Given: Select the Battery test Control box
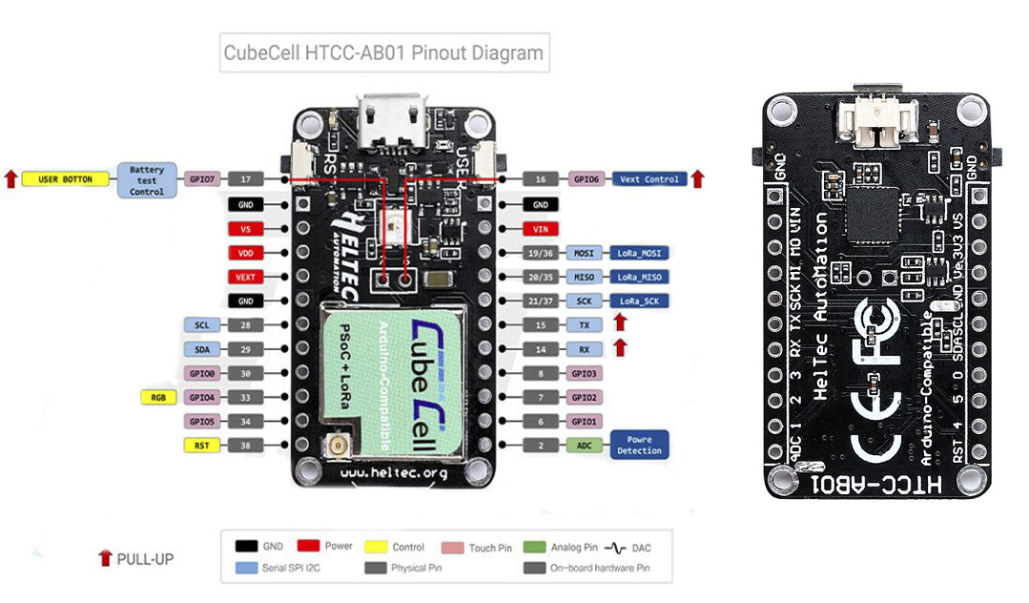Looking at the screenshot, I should pyautogui.click(x=147, y=179).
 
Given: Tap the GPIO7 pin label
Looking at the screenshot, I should pyautogui.click(x=203, y=179).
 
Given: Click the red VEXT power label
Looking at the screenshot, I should pyautogui.click(x=245, y=277).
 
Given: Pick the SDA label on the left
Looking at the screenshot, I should pyautogui.click(x=201, y=350).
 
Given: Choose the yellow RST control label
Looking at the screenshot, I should pyautogui.click(x=201, y=445).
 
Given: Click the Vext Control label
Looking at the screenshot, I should pyautogui.click(x=648, y=179).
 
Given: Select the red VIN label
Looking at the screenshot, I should pyautogui.click(x=540, y=229).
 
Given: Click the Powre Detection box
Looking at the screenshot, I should pyautogui.click(x=639, y=445).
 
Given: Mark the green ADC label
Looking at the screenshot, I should pyautogui.click(x=584, y=445).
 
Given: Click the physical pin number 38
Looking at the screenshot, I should pyautogui.click(x=245, y=445).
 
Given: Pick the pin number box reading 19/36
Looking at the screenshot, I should pyautogui.click(x=540, y=253).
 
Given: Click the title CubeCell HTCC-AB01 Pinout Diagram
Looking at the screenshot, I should pyautogui.click(x=382, y=52).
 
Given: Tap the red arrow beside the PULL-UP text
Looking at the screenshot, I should pyautogui.click(x=105, y=558).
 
